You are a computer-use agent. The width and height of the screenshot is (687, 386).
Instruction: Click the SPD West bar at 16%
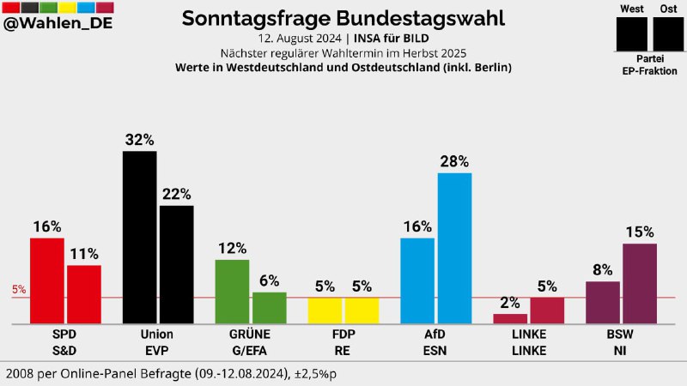click(47, 280)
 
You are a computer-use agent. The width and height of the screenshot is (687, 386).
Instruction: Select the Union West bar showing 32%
click(139, 238)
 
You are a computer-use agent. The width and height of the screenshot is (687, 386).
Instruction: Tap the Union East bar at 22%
click(176, 264)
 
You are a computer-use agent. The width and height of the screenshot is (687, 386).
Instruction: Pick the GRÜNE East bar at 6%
click(269, 308)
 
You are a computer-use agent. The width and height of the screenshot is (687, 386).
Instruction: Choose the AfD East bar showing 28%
click(454, 248)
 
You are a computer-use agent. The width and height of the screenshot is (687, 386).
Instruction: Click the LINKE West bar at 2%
click(510, 318)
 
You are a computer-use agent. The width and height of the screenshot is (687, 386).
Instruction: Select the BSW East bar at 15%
click(640, 283)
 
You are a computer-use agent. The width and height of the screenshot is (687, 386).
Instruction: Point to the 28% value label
click(454, 161)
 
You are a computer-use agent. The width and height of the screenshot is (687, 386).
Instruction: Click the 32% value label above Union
click(139, 139)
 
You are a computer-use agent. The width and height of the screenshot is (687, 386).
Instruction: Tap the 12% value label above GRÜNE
click(232, 248)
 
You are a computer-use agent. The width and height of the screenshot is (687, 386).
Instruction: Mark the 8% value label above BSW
click(601, 269)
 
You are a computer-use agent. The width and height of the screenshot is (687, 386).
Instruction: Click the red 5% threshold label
click(19, 290)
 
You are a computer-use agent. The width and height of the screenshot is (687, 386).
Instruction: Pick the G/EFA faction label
click(250, 349)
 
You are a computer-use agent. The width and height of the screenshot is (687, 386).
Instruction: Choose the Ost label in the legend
click(667, 9)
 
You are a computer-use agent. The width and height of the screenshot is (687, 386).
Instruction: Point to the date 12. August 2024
click(301, 39)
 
